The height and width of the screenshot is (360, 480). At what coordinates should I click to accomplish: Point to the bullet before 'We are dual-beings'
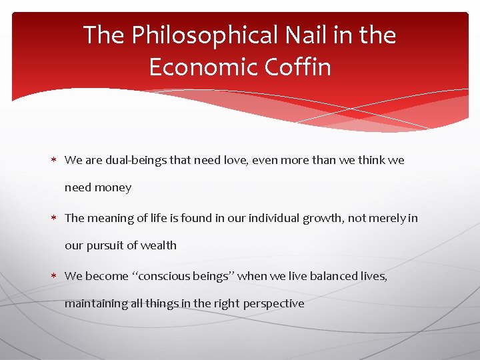(57, 161)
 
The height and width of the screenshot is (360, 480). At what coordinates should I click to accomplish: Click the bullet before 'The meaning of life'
(57, 218)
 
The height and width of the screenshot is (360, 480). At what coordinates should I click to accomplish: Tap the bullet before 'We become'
(57, 276)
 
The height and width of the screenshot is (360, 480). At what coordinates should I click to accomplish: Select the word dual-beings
(134, 160)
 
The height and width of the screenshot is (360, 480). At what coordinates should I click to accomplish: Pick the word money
(113, 188)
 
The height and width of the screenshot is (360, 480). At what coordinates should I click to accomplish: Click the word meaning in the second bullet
(110, 218)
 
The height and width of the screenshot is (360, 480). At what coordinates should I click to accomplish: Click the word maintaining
(95, 304)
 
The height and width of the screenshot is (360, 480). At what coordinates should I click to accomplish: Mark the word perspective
(274, 304)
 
